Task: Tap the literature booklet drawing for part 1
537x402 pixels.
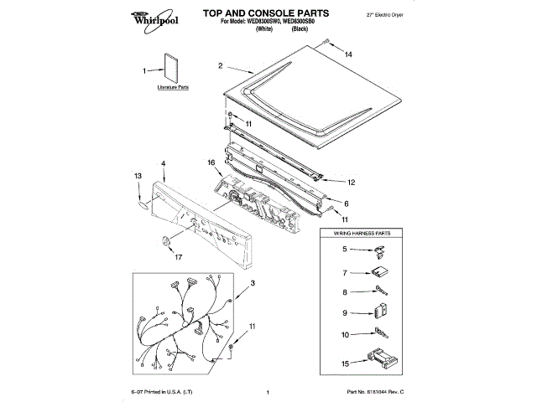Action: coord(173,70)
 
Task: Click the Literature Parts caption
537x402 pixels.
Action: coord(173,87)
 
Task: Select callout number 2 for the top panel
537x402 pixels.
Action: coord(220,65)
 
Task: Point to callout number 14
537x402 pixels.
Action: coord(350,54)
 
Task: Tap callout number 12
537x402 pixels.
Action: coord(352,182)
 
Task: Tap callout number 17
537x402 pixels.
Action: coord(177,257)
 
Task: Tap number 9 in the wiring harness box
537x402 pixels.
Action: coord(344,314)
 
